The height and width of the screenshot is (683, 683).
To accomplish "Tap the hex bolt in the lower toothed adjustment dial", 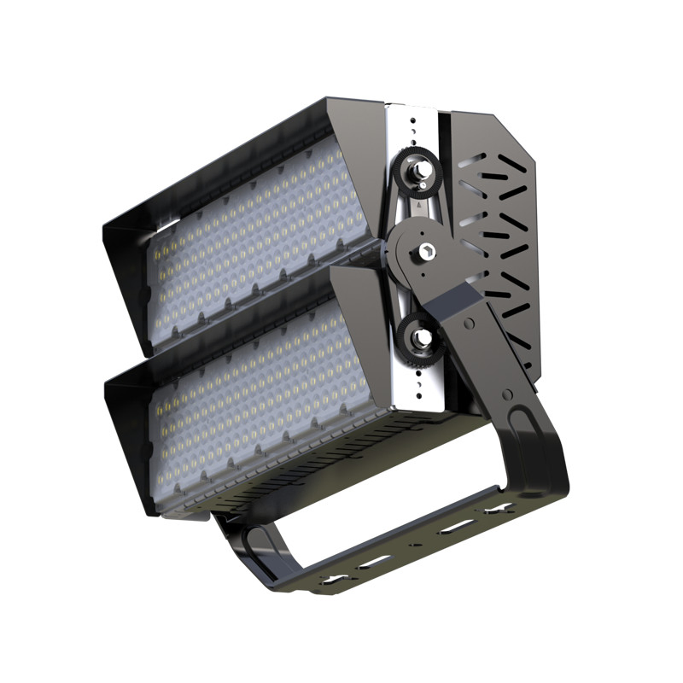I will point(421,337).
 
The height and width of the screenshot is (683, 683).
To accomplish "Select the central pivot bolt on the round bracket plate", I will point(424,252).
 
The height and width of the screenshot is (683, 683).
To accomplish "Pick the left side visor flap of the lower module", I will point(128,444).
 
